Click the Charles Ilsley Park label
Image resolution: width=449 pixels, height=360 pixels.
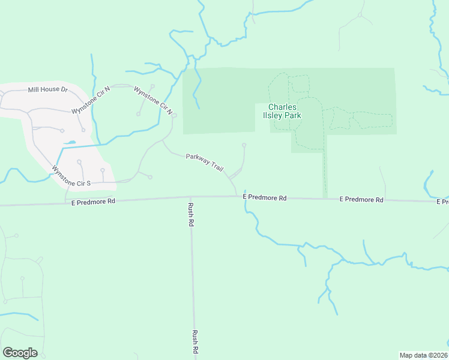[x=285, y=111]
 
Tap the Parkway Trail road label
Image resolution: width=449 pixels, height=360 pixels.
[x=205, y=161]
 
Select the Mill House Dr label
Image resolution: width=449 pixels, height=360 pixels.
[x=48, y=90]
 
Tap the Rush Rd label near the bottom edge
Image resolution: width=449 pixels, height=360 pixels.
[x=195, y=343]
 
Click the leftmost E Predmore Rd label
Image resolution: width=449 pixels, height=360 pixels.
[x=92, y=202]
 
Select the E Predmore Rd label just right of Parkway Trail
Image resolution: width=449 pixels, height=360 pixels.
[x=265, y=197]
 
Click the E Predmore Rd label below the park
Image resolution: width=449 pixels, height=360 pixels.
[x=361, y=199]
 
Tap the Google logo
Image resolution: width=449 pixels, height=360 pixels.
[x=20, y=353]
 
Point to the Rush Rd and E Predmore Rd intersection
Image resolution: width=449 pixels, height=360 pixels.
[x=190, y=197]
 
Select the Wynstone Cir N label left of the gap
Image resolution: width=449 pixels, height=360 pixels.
[x=91, y=100]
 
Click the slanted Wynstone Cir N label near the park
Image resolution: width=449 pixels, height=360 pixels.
[x=154, y=101]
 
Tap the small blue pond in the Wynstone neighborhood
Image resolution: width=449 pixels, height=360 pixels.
[x=70, y=143]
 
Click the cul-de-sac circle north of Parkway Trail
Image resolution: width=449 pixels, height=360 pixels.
[x=244, y=145]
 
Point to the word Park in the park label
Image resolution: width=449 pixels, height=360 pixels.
[x=293, y=115]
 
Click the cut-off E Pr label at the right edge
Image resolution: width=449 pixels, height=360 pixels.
[x=442, y=202]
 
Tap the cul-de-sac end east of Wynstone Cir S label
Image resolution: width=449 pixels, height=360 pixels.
[x=149, y=177]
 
